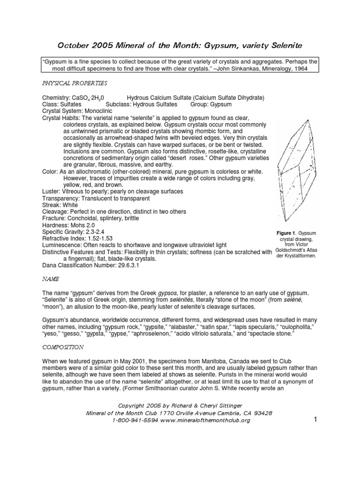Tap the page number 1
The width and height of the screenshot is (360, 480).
tap(315, 420)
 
